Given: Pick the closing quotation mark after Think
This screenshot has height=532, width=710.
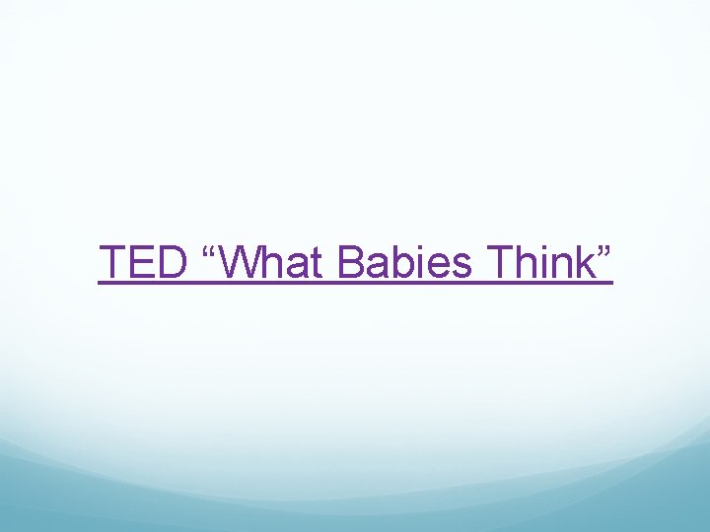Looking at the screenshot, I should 603,253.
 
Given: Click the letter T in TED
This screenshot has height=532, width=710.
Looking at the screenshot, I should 112,263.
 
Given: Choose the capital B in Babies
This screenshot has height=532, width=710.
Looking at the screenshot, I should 351,263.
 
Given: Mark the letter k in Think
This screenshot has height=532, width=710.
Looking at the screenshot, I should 582,263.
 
